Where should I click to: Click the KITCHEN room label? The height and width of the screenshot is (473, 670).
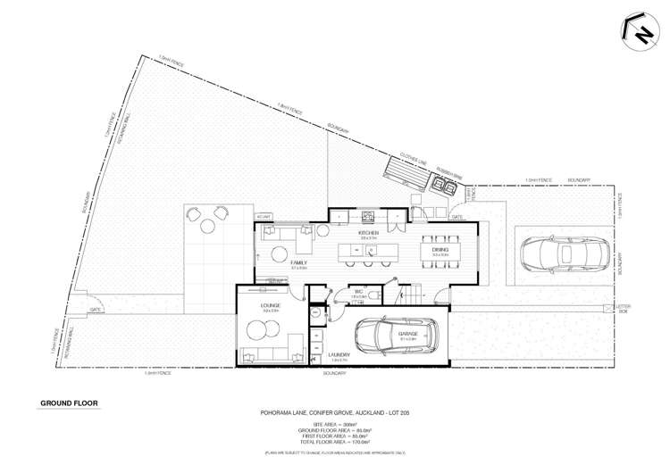pyautogui.click(x=366, y=233)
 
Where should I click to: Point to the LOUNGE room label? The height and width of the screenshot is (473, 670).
pyautogui.click(x=271, y=306)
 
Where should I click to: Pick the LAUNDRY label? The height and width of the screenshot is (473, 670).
pyautogui.click(x=339, y=354)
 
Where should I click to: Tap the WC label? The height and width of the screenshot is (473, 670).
pyautogui.click(x=357, y=292)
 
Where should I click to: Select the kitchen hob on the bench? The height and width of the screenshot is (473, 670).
pyautogui.click(x=367, y=215)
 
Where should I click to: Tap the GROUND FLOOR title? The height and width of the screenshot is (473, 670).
pyautogui.click(x=70, y=403)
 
